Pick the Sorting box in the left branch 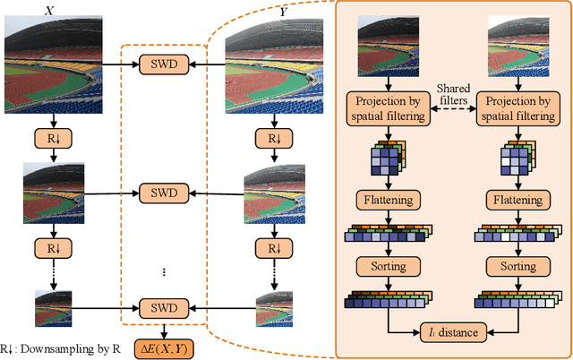tap(388, 267)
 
